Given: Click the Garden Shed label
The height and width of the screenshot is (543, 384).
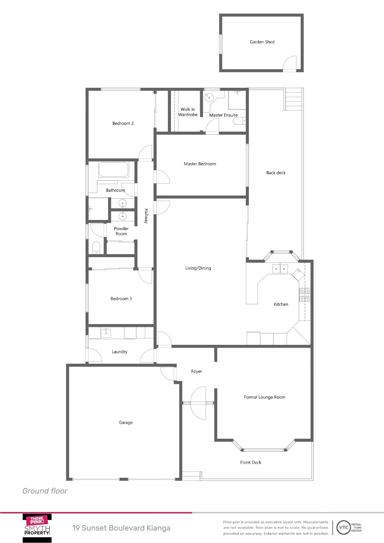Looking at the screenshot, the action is (x=262, y=42).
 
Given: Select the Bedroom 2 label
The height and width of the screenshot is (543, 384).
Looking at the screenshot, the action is (x=123, y=123).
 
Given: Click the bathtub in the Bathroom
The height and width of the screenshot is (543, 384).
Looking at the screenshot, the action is (x=114, y=170).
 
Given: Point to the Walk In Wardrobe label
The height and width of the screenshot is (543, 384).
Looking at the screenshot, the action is (x=188, y=112).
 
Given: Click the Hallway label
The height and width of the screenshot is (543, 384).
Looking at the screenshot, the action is (x=146, y=216).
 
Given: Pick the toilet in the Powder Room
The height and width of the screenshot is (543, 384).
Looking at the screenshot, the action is (x=96, y=247).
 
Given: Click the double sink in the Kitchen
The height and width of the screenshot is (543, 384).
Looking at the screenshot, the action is (x=280, y=269).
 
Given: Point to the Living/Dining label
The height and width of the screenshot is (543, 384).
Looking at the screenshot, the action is (x=198, y=268).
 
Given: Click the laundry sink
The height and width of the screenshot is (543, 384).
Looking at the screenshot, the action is (x=106, y=333).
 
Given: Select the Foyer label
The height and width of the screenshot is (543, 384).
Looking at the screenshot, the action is (x=196, y=371).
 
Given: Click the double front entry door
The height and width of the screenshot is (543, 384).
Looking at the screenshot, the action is (x=198, y=403).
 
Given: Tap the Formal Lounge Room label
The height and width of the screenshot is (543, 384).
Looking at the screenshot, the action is (x=265, y=397).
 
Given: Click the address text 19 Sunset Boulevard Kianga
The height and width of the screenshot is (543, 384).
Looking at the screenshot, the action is (x=121, y=528).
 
